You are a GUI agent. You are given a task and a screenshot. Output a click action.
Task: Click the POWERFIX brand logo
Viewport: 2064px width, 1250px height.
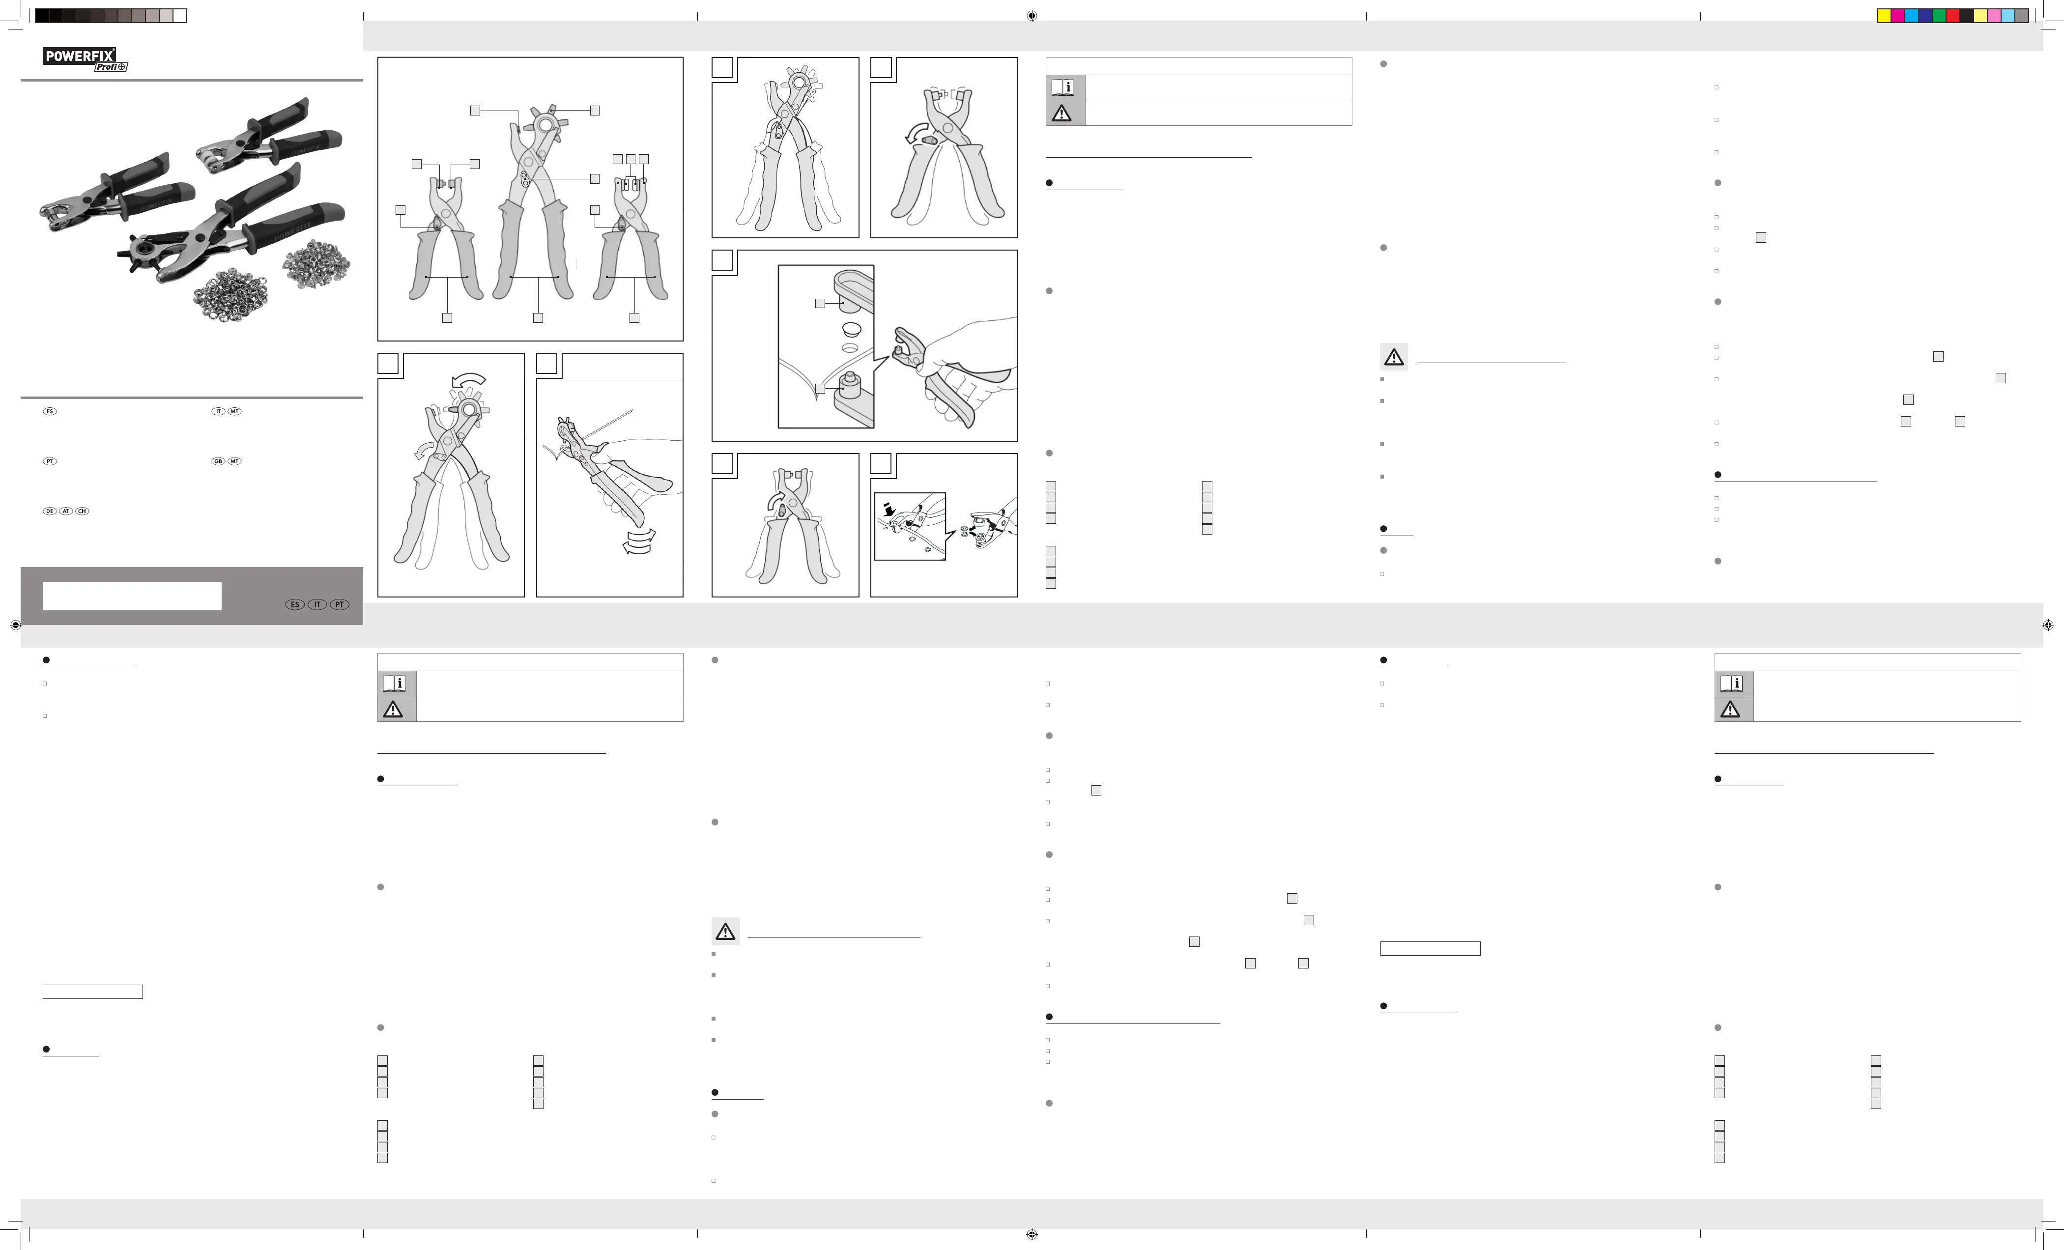point(80,56)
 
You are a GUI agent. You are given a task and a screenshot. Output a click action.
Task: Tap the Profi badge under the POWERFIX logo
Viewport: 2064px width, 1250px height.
point(111,67)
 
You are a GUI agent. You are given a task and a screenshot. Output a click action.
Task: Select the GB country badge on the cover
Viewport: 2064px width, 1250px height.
point(218,462)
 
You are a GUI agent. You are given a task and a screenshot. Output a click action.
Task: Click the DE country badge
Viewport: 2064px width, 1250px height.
point(50,511)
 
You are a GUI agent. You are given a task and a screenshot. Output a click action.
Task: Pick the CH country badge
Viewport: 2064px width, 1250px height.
point(82,511)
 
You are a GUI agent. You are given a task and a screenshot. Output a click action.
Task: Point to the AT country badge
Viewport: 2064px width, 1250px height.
point(66,511)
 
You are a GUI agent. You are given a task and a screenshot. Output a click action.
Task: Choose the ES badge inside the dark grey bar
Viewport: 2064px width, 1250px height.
point(295,604)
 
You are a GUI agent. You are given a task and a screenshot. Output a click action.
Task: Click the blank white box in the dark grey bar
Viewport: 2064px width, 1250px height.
point(132,597)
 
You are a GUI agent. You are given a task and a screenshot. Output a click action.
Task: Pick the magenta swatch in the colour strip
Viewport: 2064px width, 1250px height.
point(1897,16)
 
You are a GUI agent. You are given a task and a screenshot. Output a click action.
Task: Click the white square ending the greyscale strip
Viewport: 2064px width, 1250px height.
point(179,16)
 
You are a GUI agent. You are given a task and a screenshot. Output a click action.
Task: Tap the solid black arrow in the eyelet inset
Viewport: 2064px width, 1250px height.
point(889,508)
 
